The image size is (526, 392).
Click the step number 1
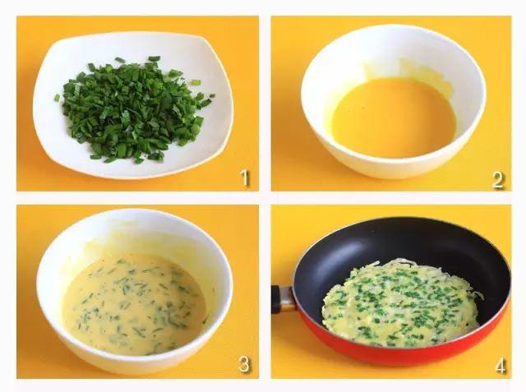(x=245, y=178)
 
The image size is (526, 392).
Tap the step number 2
(x=499, y=180)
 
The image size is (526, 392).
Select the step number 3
(x=245, y=365)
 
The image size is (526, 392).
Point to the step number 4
(x=500, y=366)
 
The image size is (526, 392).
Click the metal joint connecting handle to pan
(x=288, y=299)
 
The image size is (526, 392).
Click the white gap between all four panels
(x=265, y=198)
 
